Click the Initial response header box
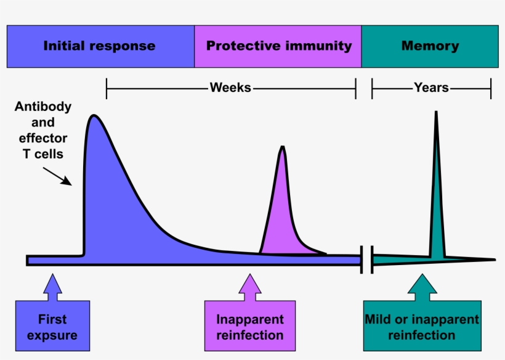(100, 46)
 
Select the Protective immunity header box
(278, 46)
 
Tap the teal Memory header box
(430, 46)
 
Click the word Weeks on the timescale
(230, 88)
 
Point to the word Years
(431, 88)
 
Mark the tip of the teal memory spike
(436, 112)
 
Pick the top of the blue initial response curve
(94, 116)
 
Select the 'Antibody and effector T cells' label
(43, 131)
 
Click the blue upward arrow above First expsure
(53, 287)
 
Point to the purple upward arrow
(249, 287)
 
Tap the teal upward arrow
(422, 287)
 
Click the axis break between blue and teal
(367, 260)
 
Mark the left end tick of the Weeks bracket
(107, 89)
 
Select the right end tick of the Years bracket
(491, 89)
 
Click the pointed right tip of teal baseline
(494, 260)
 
